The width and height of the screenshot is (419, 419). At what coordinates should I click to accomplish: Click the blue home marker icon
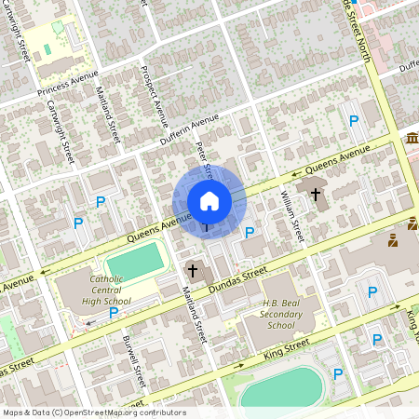coord(209,200)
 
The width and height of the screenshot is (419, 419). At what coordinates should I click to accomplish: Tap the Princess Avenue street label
coord(67,87)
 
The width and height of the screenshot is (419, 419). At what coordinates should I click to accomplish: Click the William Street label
coord(292,213)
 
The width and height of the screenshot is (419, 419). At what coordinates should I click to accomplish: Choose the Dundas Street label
coord(239,277)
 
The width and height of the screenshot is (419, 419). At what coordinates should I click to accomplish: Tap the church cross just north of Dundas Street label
coord(193,271)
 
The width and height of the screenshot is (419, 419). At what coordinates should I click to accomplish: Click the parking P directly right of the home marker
coord(250,232)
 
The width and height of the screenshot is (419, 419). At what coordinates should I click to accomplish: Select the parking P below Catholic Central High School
coord(113,313)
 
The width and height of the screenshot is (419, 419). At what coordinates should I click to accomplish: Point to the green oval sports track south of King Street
coord(282,386)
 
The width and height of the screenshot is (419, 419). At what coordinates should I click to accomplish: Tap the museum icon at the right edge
coord(411,139)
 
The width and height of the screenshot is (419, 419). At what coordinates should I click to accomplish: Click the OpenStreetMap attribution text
coord(93,412)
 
